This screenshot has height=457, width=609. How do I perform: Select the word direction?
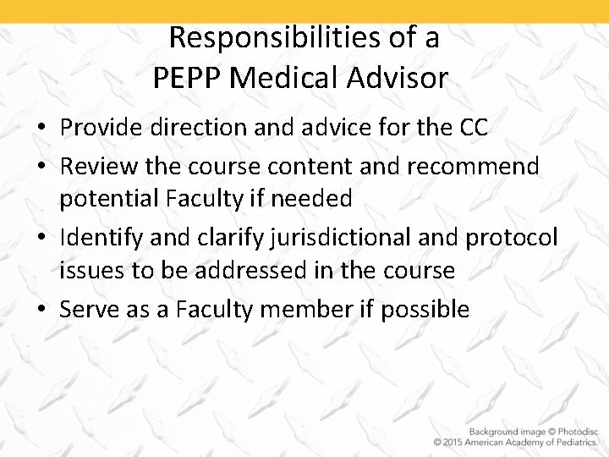[201, 127]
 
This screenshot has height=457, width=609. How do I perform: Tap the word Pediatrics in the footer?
[571, 441]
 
